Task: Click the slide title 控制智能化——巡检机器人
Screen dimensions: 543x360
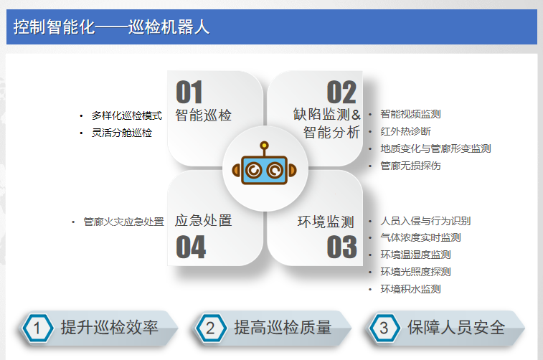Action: pyautogui.click(x=111, y=27)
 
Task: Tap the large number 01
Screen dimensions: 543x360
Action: pyautogui.click(x=189, y=92)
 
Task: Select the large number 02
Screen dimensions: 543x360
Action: pyautogui.click(x=341, y=92)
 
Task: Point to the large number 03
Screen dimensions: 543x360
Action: pyautogui.click(x=342, y=247)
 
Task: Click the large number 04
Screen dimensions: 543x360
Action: pyautogui.click(x=191, y=247)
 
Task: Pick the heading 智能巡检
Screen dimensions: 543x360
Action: pyautogui.click(x=203, y=115)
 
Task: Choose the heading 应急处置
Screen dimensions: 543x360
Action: pyautogui.click(x=203, y=220)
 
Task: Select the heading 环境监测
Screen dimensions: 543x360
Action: pyautogui.click(x=326, y=222)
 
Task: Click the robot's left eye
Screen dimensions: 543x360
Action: pyautogui.click(x=254, y=170)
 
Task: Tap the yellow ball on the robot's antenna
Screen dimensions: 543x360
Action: pyautogui.click(x=264, y=145)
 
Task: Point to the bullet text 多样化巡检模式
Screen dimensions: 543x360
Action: pyautogui.click(x=127, y=115)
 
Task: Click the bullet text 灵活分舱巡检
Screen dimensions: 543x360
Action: pyautogui.click(x=121, y=133)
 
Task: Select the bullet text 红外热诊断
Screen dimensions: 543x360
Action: pyautogui.click(x=405, y=131)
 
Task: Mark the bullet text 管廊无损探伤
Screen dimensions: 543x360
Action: pyautogui.click(x=410, y=166)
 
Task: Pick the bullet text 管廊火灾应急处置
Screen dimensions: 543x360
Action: pyautogui.click(x=123, y=222)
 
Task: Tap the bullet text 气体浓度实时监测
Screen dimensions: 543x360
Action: pyautogui.click(x=420, y=237)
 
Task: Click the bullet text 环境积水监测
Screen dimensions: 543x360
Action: pyautogui.click(x=410, y=289)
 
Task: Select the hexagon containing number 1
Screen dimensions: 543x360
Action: pyautogui.click(x=37, y=328)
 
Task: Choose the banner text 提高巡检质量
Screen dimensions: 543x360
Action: pyautogui.click(x=283, y=327)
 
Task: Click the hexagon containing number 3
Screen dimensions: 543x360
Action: pyautogui.click(x=384, y=328)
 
